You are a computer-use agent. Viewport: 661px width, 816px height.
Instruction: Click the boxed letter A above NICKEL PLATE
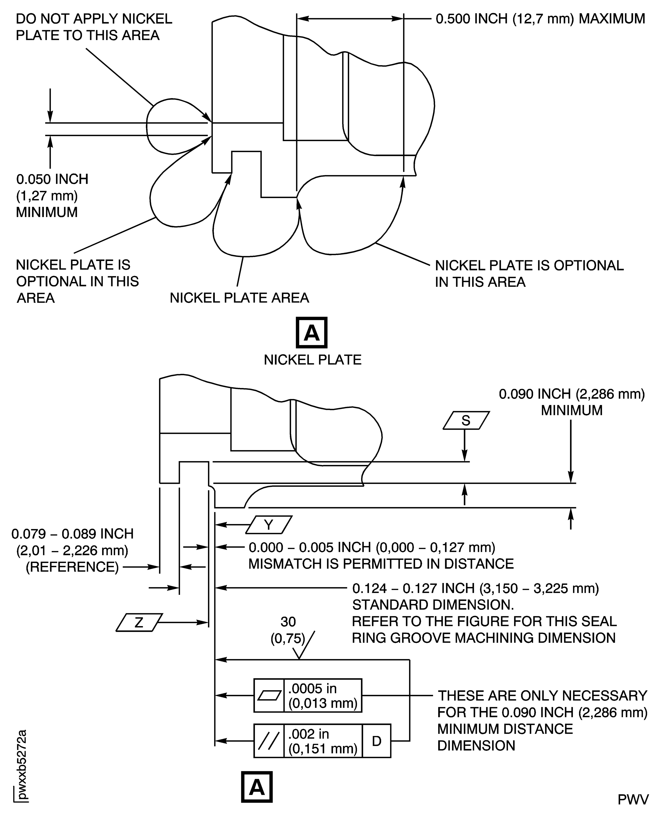tap(311, 332)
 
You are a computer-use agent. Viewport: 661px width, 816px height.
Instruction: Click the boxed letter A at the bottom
tap(257, 787)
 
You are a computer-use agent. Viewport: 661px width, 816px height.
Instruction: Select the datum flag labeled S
tap(466, 420)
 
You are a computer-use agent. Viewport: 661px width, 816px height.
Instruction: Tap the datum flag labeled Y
tap(269, 525)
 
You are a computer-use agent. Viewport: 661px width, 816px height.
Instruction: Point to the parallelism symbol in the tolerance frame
tap(269, 741)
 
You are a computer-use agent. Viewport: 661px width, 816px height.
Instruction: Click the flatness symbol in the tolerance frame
tap(269, 696)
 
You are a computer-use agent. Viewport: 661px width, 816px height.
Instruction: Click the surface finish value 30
tap(288, 622)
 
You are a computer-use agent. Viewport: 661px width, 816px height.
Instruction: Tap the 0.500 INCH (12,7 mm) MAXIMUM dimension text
tap(540, 19)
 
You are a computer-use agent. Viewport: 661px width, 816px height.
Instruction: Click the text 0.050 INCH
tap(52, 179)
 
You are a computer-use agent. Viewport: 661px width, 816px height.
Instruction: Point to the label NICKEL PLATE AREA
tap(239, 298)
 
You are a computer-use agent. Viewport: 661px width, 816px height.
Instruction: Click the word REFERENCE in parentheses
tap(72, 567)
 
